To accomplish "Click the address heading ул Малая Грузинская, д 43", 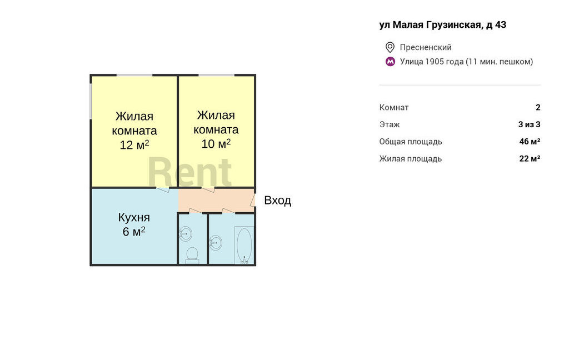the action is [x=443, y=25].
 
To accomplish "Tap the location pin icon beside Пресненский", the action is [x=390, y=47].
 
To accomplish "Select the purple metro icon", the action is [x=390, y=62].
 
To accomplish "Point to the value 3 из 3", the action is [x=530, y=124].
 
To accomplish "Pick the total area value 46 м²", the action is [x=530, y=142].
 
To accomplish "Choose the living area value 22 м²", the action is [x=530, y=158].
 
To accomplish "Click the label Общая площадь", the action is [x=411, y=142].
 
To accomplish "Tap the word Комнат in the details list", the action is [x=394, y=107].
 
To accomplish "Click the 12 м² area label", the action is [x=134, y=145].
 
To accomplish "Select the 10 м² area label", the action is [x=216, y=144].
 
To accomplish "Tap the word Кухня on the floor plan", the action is [x=134, y=217].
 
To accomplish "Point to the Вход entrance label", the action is [x=278, y=201].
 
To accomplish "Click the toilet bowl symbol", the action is [x=192, y=254].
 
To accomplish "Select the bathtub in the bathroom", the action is [x=244, y=245].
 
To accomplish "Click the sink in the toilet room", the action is [x=186, y=234].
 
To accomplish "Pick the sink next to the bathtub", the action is [x=216, y=243].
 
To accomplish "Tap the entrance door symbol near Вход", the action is [x=253, y=201].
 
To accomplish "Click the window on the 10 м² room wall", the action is [x=216, y=75].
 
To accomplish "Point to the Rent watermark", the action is [x=190, y=173].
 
